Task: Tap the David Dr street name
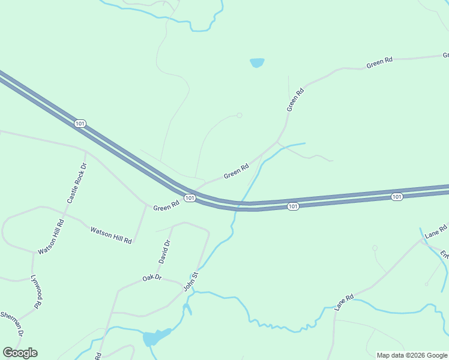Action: (x=164, y=251)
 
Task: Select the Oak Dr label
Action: (x=152, y=278)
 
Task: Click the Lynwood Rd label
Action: (x=38, y=292)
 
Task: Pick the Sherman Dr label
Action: (x=12, y=323)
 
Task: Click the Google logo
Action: (x=20, y=353)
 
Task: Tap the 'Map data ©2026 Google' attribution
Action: (x=412, y=355)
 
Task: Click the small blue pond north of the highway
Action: (x=257, y=62)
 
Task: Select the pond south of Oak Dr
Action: (x=154, y=337)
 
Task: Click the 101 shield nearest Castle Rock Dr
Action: (x=80, y=123)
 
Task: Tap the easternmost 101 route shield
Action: (x=396, y=197)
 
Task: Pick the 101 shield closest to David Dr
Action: (x=189, y=198)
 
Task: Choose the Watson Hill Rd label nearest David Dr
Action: (x=110, y=235)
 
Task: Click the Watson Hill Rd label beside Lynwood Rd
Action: (x=51, y=235)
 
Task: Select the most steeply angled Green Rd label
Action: (x=295, y=100)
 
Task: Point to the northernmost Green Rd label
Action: (x=379, y=61)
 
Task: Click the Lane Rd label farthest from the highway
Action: (x=345, y=302)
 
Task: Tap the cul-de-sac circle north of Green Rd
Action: (x=239, y=115)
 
